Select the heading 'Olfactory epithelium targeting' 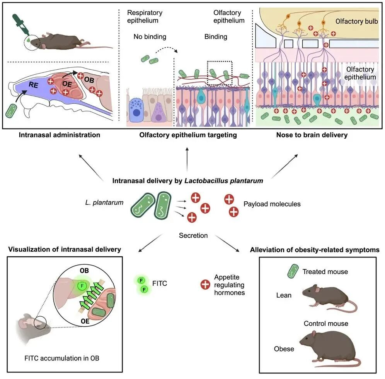pyautogui.click(x=188, y=135)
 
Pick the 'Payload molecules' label pyautogui.click(x=272, y=204)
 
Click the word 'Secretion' pyautogui.click(x=193, y=235)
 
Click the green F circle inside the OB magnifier pyautogui.click(x=82, y=286)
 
